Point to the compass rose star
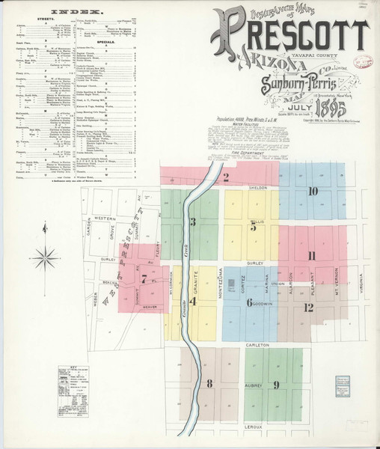click(x=46, y=257)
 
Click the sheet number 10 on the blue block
click(x=313, y=192)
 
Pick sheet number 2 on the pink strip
click(x=226, y=177)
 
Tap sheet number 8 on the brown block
click(x=210, y=384)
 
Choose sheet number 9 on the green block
click(x=276, y=385)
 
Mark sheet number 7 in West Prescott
click(x=144, y=278)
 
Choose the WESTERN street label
click(x=105, y=219)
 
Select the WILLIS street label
click(x=258, y=222)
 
